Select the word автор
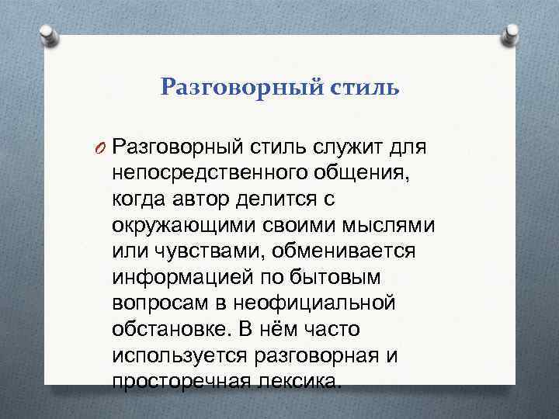(x=204, y=199)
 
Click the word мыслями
(x=392, y=225)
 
